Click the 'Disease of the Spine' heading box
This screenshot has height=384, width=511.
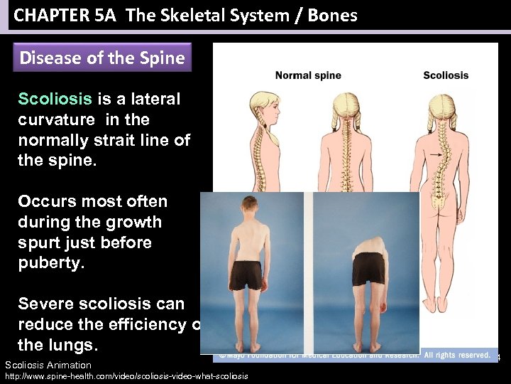pyautogui.click(x=103, y=58)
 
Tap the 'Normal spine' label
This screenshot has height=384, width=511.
pyautogui.click(x=308, y=75)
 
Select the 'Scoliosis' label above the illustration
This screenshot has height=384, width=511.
pyautogui.click(x=446, y=75)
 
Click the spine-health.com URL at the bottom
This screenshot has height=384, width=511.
pyautogui.click(x=126, y=376)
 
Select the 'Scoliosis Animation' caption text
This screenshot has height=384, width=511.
pyautogui.click(x=48, y=365)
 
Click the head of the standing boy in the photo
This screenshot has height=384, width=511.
pyautogui.click(x=253, y=206)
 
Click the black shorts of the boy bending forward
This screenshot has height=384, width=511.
pyautogui.click(x=369, y=268)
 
